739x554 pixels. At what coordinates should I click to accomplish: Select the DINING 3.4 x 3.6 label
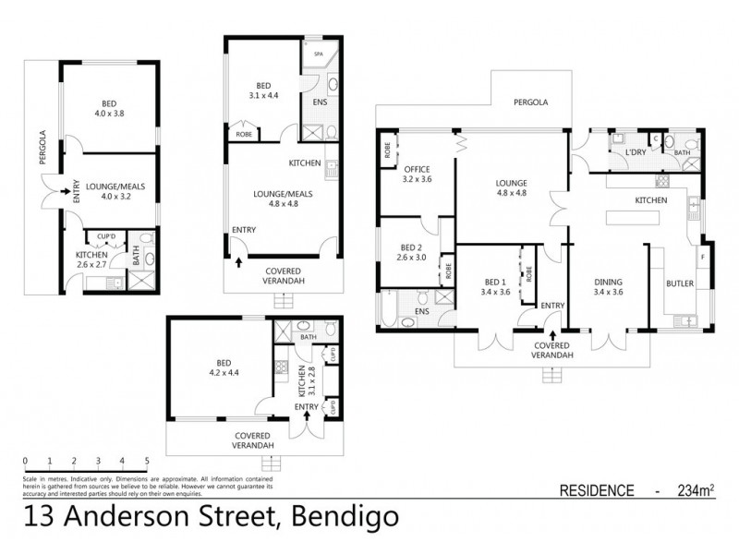[x=608, y=287]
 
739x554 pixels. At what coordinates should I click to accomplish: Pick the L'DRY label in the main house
[x=635, y=151]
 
